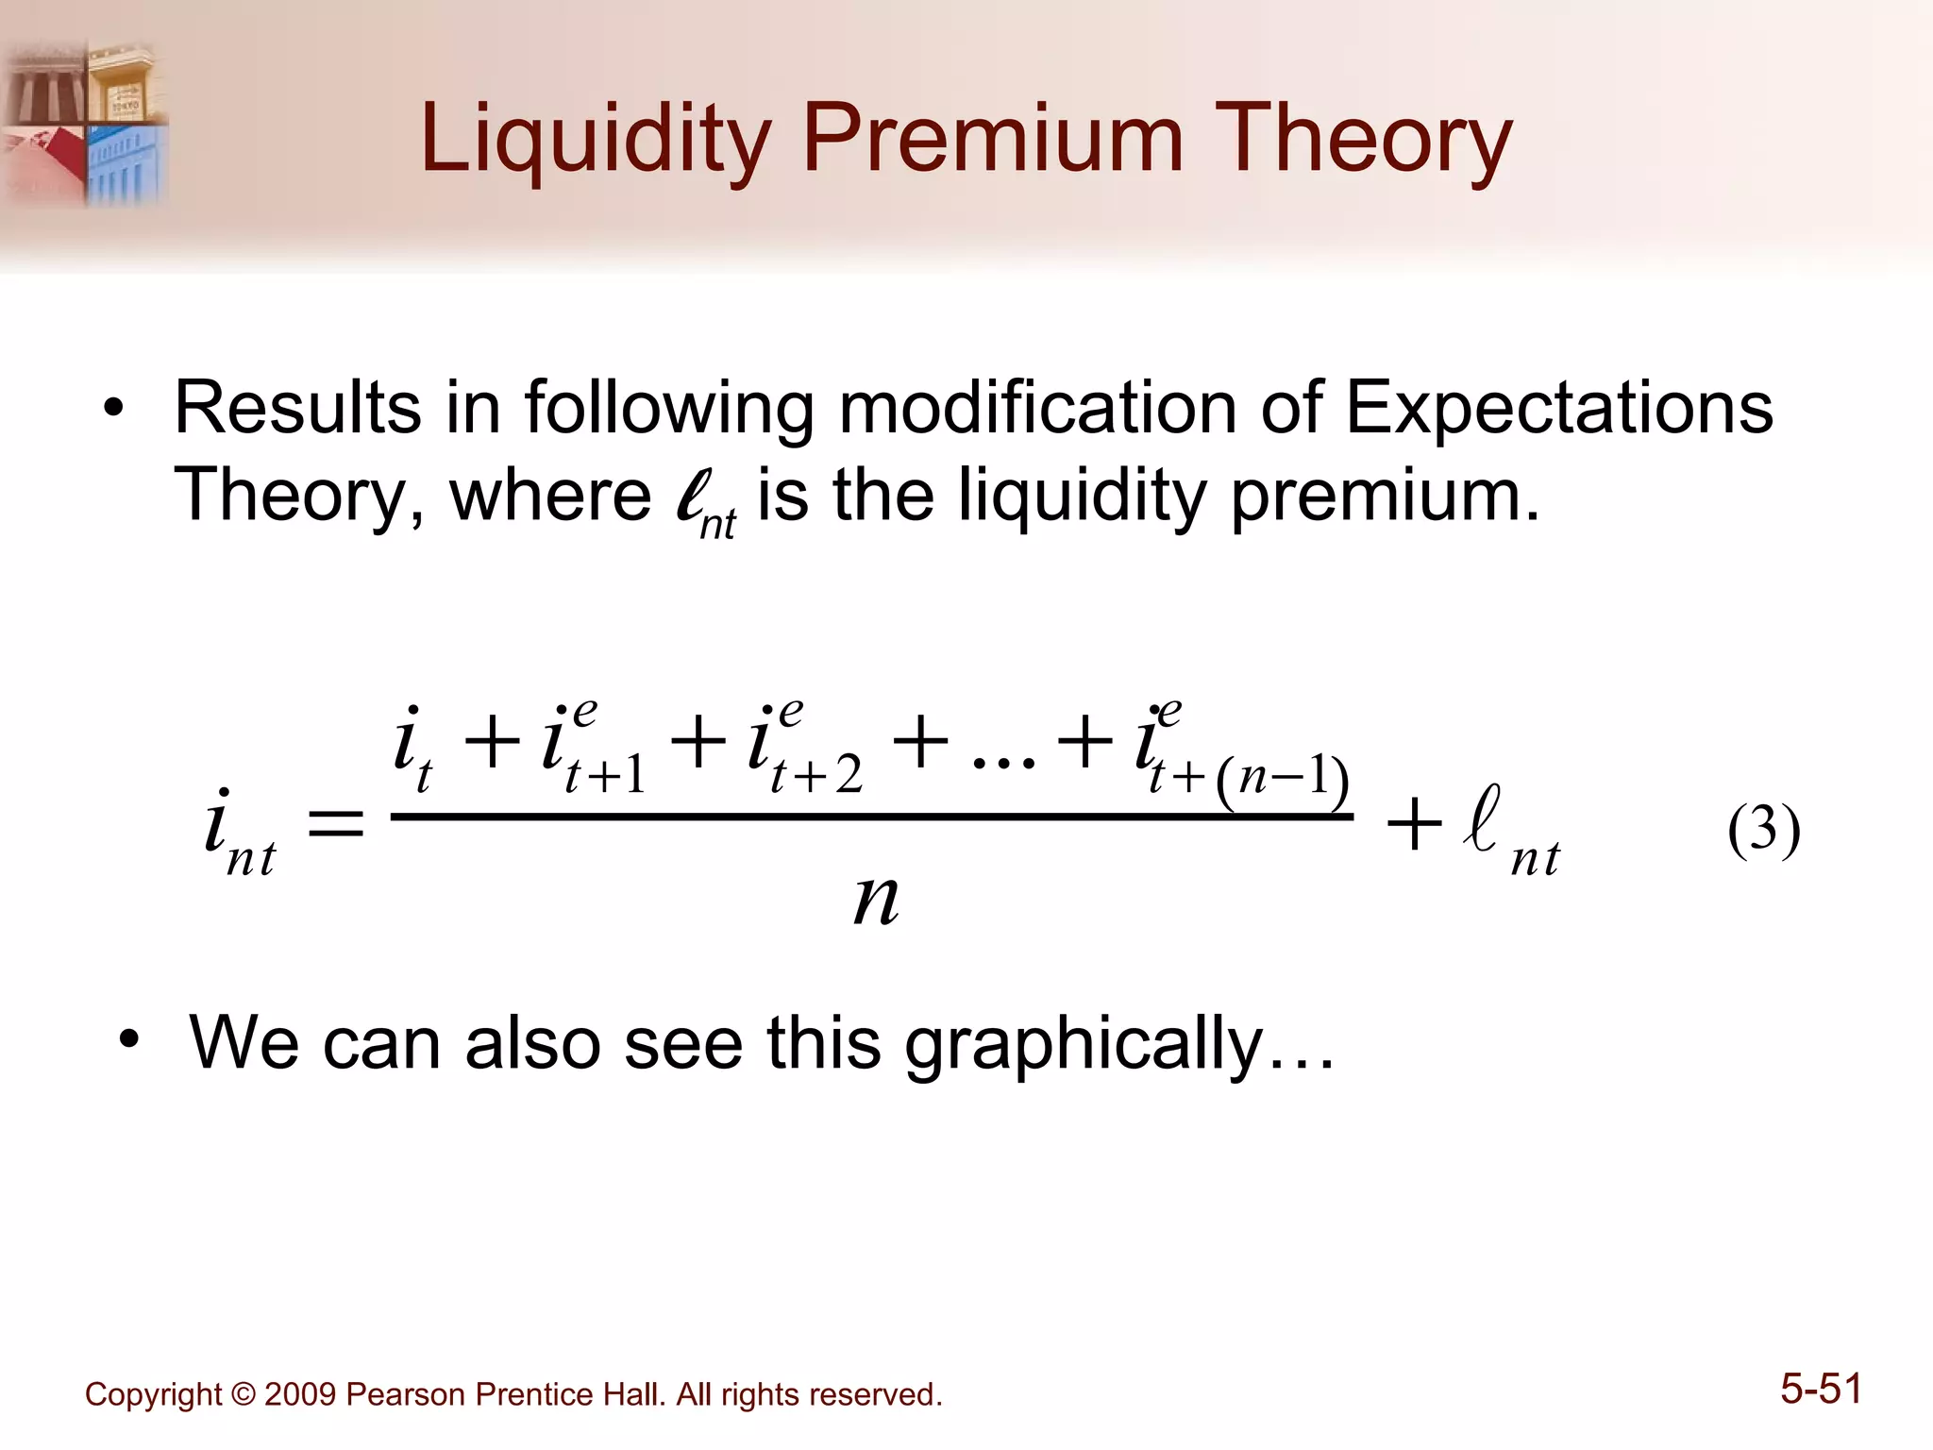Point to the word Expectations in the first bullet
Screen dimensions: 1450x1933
1557,408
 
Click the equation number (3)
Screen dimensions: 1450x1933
1763,831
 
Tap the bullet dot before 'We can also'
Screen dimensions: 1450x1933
129,1040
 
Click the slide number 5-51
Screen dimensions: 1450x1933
1821,1389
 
